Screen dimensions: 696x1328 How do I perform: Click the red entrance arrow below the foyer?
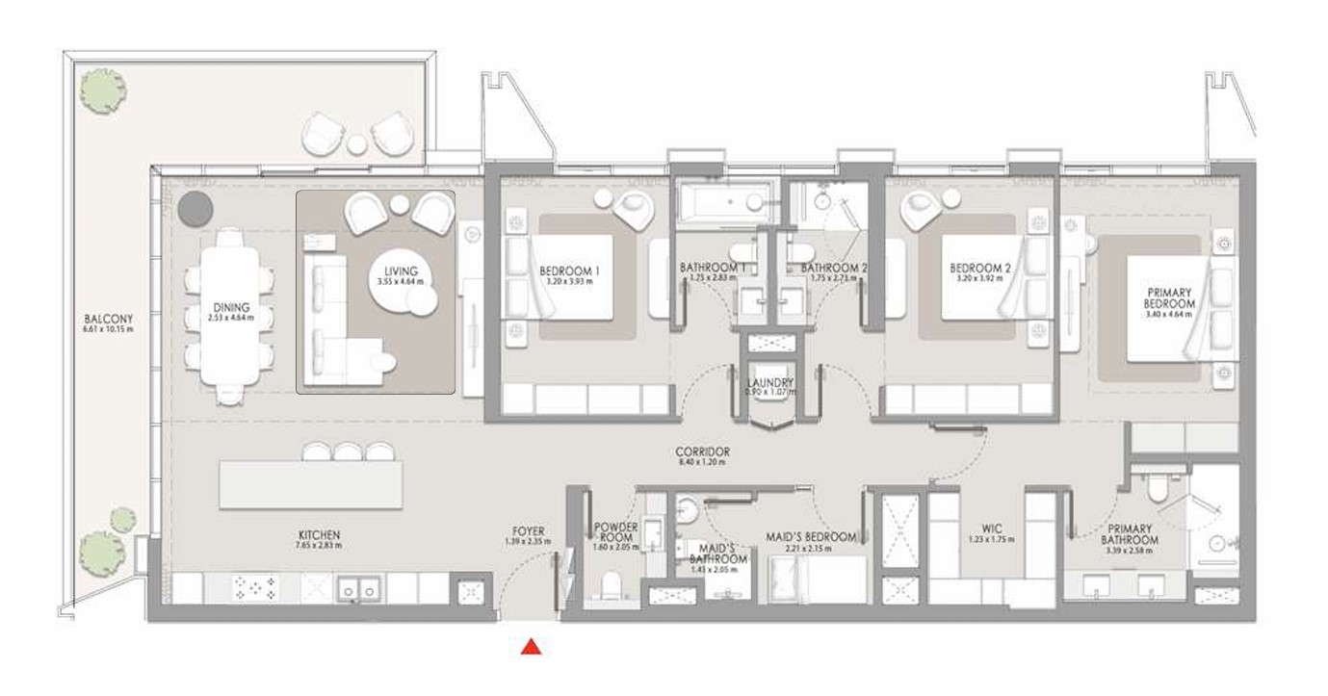pos(530,648)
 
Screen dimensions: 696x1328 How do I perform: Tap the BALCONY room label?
pos(108,319)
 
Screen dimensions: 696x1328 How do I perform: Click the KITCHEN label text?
pos(319,535)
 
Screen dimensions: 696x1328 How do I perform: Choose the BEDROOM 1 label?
pos(569,271)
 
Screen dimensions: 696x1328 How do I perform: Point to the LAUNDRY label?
pos(769,382)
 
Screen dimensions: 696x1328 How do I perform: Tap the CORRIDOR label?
pos(702,451)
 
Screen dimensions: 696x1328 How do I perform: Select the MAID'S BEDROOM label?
pos(811,536)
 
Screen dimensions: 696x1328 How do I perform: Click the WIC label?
pos(991,528)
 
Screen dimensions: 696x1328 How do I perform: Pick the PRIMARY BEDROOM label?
pos(1170,298)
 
